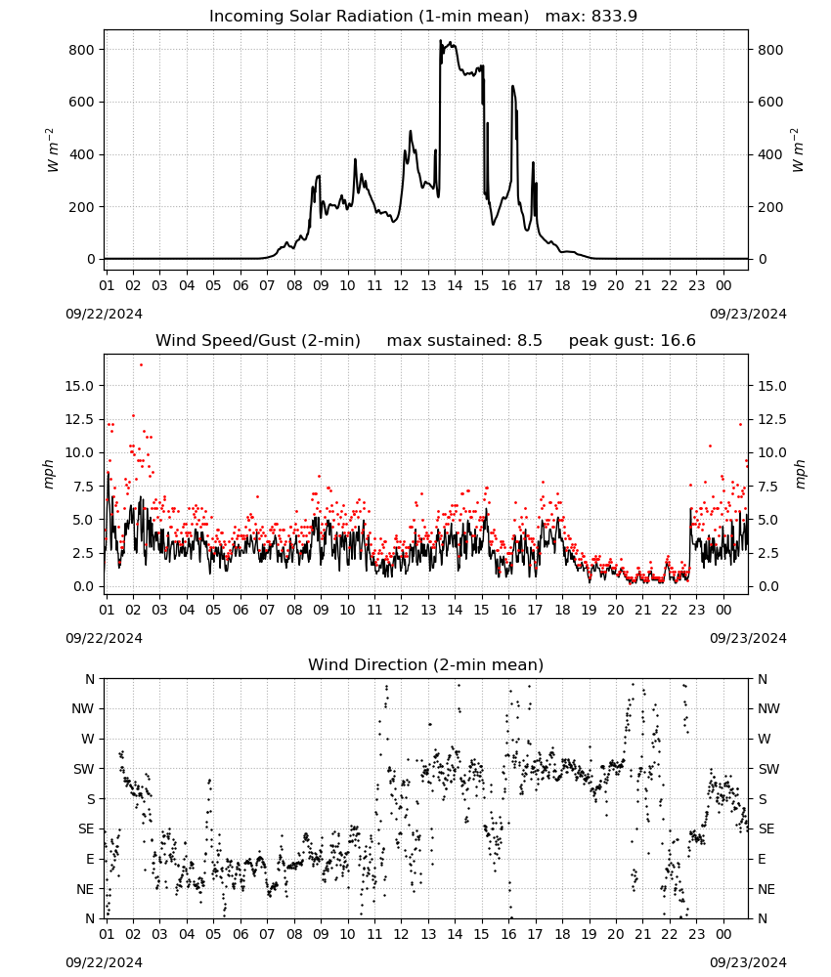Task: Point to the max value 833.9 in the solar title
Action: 614,16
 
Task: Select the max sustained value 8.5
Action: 529,340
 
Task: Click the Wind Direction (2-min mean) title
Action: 426,664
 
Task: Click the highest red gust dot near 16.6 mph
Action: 141,364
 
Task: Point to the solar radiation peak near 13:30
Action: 440,40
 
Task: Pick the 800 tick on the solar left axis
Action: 81,50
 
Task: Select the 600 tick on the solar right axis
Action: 770,103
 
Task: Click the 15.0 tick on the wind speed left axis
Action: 79,386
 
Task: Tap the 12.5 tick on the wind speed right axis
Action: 771,419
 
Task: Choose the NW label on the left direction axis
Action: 83,709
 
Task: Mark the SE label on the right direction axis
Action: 766,828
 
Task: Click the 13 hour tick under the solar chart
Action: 428,285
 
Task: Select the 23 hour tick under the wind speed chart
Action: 696,610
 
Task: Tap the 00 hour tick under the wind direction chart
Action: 723,935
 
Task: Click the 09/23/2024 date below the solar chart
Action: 748,314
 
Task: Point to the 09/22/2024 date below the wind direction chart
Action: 104,962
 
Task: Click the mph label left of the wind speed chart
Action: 49,474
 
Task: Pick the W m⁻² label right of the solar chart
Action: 798,150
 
